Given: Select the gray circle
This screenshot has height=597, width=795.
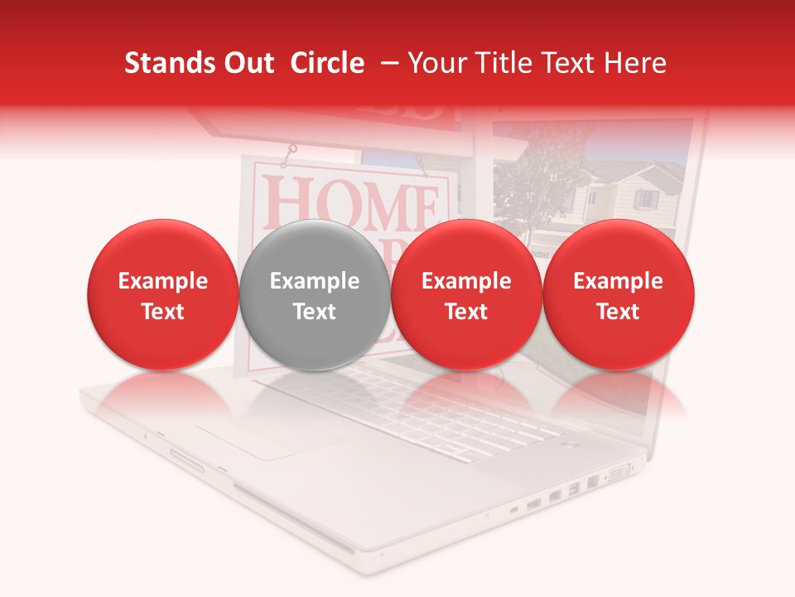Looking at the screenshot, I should point(314,295).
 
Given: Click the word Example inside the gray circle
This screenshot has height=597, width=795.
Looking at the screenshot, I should point(314,281).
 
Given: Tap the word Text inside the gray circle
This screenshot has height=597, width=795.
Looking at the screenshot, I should point(314,311).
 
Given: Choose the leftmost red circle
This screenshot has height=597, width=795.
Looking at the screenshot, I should point(162,295).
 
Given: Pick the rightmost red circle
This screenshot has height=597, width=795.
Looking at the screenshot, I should point(618,295).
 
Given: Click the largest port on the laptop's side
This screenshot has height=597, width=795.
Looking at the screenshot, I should point(619,474).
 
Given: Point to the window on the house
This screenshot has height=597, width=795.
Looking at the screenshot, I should point(645,199).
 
